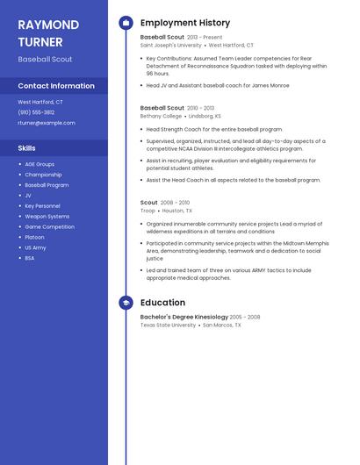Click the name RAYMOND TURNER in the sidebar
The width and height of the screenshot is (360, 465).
pyautogui.click(x=48, y=32)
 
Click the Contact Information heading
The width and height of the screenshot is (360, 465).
pyautogui.click(x=56, y=86)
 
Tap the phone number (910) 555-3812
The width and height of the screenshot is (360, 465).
pyautogui.click(x=36, y=112)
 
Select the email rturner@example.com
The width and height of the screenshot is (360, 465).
pyautogui.click(x=47, y=123)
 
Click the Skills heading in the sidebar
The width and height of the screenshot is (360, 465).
pyautogui.click(x=27, y=148)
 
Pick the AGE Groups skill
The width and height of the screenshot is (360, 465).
pyautogui.click(x=40, y=164)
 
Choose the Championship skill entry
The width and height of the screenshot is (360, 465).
pyautogui.click(x=43, y=175)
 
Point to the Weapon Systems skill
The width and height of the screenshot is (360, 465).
pyautogui.click(x=47, y=216)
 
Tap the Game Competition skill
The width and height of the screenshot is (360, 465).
pyautogui.click(x=49, y=226)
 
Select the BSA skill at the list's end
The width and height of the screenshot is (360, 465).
pyautogui.click(x=30, y=258)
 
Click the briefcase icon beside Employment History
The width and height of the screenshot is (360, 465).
pyautogui.click(x=126, y=23)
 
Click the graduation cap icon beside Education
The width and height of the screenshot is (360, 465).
pyautogui.click(x=126, y=303)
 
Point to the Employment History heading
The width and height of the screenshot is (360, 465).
pyautogui.click(x=185, y=23)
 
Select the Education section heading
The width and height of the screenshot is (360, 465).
pyautogui.click(x=162, y=303)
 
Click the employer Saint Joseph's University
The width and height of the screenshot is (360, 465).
pyautogui.click(x=170, y=45)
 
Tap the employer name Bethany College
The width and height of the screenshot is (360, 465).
pyautogui.click(x=161, y=116)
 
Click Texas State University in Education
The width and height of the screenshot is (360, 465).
pyautogui.click(x=168, y=325)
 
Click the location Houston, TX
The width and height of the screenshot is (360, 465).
pyautogui.click(x=177, y=211)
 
